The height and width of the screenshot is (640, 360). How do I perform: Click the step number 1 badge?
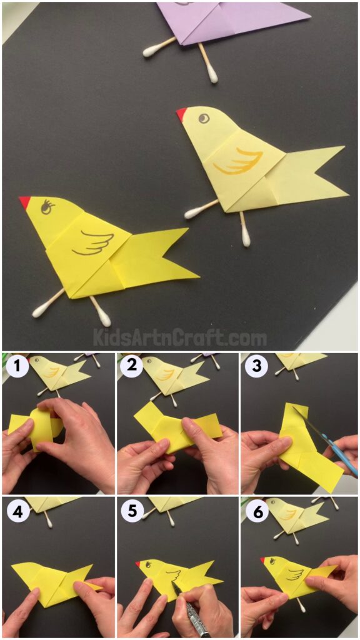coord(17,366)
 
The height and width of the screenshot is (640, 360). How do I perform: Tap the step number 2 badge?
coord(131,366)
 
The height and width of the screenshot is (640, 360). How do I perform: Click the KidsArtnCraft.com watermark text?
coord(179,338)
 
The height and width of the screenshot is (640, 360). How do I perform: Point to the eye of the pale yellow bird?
coord(204,117)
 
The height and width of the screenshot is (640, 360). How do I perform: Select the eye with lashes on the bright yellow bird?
coord(47,207)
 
